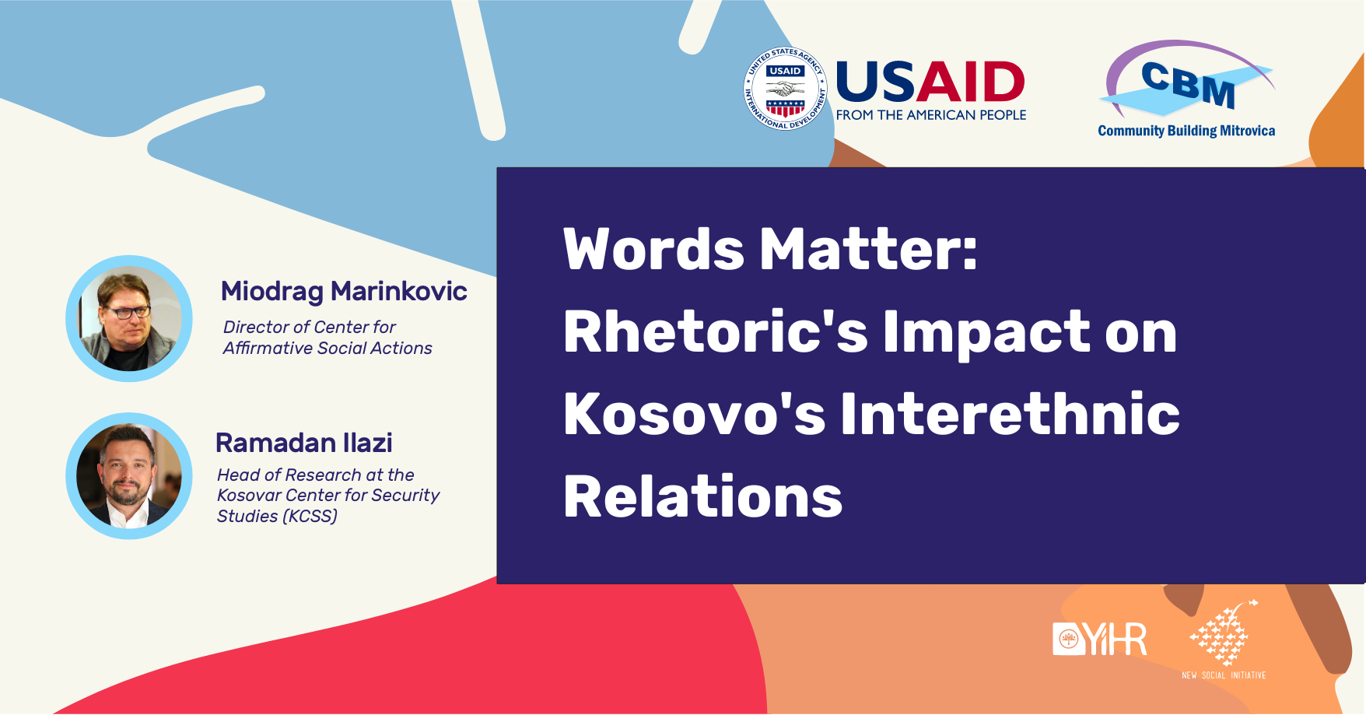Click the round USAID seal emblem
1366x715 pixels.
[785, 89]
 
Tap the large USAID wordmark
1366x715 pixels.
[930, 82]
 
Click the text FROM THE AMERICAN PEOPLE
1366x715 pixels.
[931, 115]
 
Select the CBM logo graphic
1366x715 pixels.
[1187, 79]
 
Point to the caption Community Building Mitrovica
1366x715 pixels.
[1186, 131]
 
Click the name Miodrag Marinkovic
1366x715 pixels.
[344, 291]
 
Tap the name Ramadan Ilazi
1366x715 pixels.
[304, 443]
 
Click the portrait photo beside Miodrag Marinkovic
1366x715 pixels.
[129, 318]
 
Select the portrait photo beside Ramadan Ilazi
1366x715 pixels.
[129, 475]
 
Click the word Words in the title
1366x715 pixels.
[654, 250]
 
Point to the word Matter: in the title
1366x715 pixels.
[868, 250]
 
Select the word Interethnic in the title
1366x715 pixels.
[1010, 414]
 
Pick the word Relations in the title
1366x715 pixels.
[703, 497]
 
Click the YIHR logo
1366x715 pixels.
[1100, 639]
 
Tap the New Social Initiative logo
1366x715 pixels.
[1224, 640]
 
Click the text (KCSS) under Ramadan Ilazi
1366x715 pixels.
[310, 516]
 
